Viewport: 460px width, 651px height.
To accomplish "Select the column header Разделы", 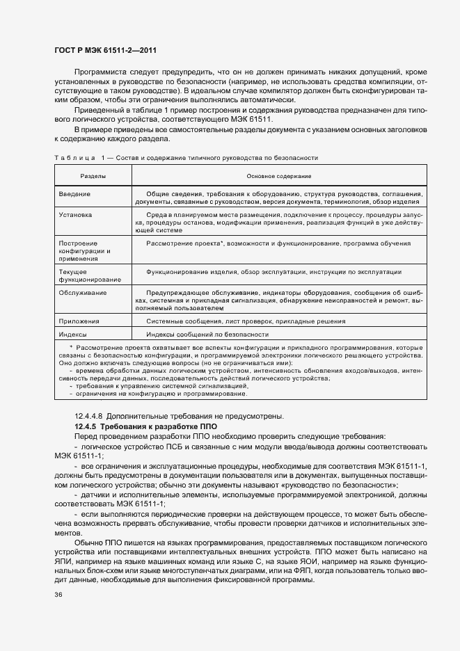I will [x=93, y=177].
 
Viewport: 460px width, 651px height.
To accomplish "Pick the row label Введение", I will [x=74, y=193].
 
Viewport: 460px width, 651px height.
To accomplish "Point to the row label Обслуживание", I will [x=83, y=293].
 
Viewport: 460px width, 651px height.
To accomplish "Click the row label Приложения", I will [x=79, y=321].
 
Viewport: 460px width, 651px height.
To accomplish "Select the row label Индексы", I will [x=73, y=334].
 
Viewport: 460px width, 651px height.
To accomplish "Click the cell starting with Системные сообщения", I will [x=245, y=321].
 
